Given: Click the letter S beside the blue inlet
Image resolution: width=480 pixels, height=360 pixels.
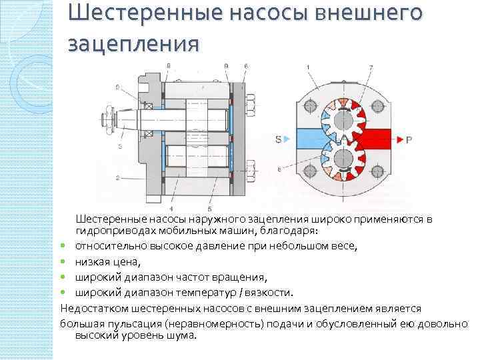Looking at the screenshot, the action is point(277,139).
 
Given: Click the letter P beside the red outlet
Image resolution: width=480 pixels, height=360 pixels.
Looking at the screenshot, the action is point(409,139).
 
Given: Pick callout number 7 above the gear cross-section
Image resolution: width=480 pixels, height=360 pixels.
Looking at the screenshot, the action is point(371,66).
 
